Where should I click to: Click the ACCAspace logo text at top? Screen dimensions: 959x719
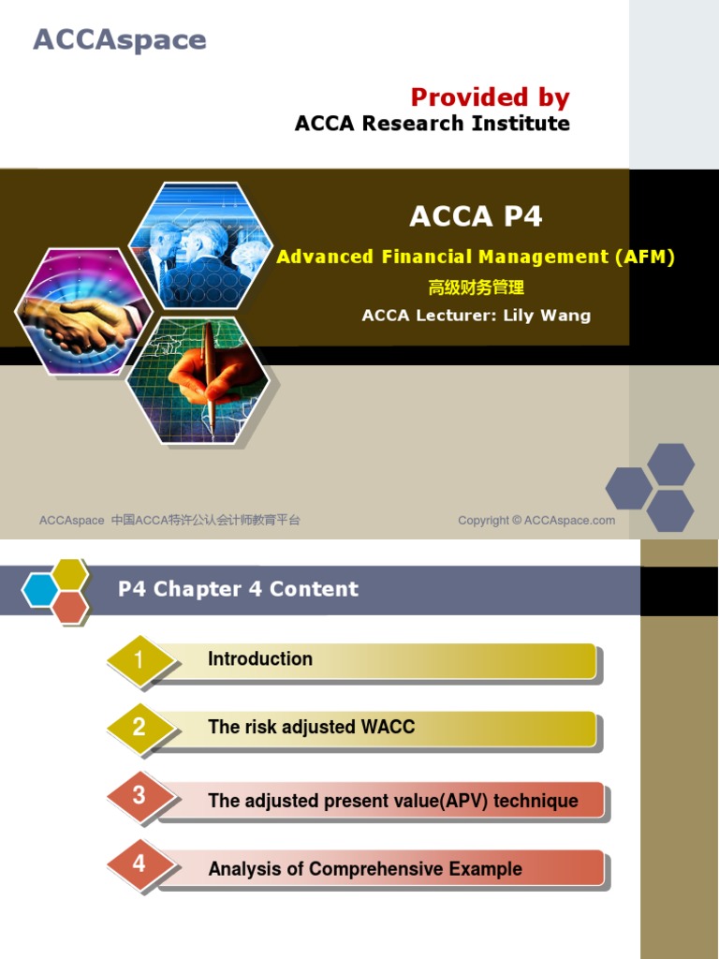pyautogui.click(x=120, y=40)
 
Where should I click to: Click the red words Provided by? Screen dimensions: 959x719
pyautogui.click(x=490, y=97)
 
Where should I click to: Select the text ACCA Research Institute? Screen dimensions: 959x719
pyautogui.click(x=432, y=124)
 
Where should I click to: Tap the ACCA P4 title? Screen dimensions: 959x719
pyautogui.click(x=476, y=216)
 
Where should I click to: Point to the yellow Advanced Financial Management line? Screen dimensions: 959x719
pyautogui.click(x=476, y=257)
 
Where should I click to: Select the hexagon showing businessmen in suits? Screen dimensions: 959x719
pyautogui.click(x=198, y=245)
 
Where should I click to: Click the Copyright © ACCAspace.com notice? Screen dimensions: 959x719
pyautogui.click(x=536, y=521)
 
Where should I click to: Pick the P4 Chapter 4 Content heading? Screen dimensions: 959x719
pyautogui.click(x=238, y=589)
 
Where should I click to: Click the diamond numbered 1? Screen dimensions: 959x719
pyautogui.click(x=139, y=660)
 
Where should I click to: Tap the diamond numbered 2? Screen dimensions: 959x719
pyautogui.click(x=139, y=727)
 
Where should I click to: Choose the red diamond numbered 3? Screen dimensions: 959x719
pyautogui.click(x=139, y=796)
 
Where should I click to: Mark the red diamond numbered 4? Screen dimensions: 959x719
pyautogui.click(x=139, y=863)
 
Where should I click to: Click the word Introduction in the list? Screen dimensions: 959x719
pyautogui.click(x=260, y=659)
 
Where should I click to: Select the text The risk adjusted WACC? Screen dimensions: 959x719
pyautogui.click(x=311, y=727)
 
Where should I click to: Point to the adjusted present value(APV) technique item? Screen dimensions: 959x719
pyautogui.click(x=393, y=801)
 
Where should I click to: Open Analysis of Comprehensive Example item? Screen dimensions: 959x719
pyautogui.click(x=365, y=869)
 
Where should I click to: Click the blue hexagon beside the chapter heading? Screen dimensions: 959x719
pyautogui.click(x=41, y=589)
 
